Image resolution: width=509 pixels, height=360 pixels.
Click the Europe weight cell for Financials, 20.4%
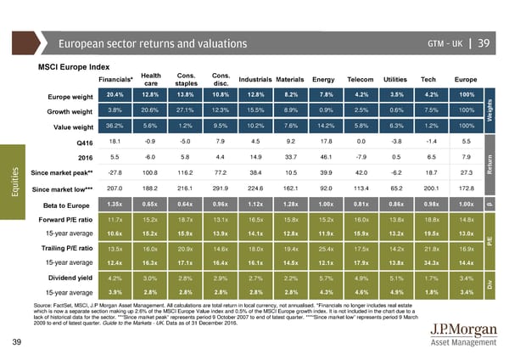click(x=117, y=94)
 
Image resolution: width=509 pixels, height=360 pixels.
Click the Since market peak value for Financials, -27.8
click(x=117, y=172)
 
